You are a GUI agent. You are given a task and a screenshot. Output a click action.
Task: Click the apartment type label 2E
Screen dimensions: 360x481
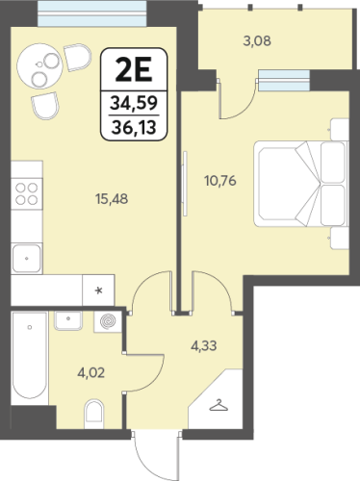134,70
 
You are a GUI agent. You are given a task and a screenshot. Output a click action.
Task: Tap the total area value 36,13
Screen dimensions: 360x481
134,127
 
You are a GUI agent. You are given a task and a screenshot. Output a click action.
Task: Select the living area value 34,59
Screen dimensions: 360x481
134,103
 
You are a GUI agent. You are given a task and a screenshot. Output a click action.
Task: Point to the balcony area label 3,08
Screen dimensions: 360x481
257,41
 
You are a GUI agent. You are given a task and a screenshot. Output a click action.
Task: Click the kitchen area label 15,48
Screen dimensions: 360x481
112,199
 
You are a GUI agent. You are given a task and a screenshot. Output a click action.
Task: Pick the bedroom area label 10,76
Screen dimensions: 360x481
220,181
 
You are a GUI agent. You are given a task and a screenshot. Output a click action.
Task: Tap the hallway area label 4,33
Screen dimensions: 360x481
204,346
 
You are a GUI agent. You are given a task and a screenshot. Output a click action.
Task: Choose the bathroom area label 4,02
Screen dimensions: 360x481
91,373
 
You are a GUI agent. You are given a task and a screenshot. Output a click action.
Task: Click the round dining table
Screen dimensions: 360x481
39,66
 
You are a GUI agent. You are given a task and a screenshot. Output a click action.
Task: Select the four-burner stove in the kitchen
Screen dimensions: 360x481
27,193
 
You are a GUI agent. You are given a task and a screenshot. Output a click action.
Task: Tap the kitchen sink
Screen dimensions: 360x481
27,258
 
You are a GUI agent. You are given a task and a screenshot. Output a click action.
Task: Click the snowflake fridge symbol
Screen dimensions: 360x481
99,291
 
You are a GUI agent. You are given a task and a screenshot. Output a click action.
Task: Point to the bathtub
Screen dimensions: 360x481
30,355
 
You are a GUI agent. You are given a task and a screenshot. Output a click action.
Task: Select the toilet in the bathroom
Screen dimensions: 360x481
93,414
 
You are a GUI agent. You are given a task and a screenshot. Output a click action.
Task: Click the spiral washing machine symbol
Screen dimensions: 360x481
108,321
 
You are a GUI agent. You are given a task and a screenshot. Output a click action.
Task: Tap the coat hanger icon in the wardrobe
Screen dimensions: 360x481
219,406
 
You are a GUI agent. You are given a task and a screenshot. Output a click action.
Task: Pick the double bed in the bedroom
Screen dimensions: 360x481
301,184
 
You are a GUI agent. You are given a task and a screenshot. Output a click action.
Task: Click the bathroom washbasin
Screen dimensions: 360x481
68,320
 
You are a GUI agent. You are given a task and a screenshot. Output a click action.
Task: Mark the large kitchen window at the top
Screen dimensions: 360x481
93,13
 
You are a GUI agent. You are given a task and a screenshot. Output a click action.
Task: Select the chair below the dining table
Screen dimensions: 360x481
45,106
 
